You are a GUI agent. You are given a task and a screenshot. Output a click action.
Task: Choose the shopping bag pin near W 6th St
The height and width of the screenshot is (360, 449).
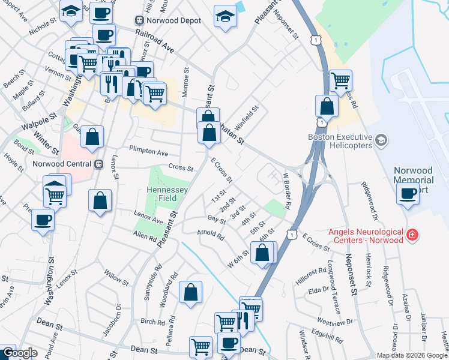[262, 253]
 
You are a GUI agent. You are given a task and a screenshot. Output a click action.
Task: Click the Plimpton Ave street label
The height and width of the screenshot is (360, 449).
[147, 152]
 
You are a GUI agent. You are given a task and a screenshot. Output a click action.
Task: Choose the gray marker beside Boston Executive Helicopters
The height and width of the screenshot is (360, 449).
[380, 141]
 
